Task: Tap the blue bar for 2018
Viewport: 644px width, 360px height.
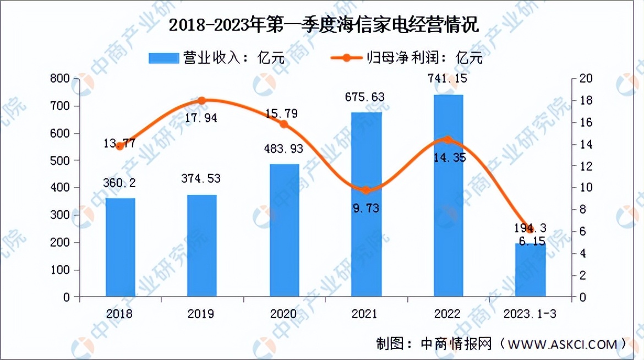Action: pos(120,248)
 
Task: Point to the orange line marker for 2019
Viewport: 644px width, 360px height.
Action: pos(201,101)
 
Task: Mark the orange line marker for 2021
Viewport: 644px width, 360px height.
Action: pos(366,190)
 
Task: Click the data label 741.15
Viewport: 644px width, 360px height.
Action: pos(447,79)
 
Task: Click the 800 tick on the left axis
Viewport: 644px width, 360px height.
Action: pos(60,79)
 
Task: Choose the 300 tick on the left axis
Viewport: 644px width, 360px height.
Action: pos(60,215)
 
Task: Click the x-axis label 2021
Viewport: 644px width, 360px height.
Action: pos(365,314)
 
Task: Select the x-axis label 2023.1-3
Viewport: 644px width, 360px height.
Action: pos(530,314)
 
